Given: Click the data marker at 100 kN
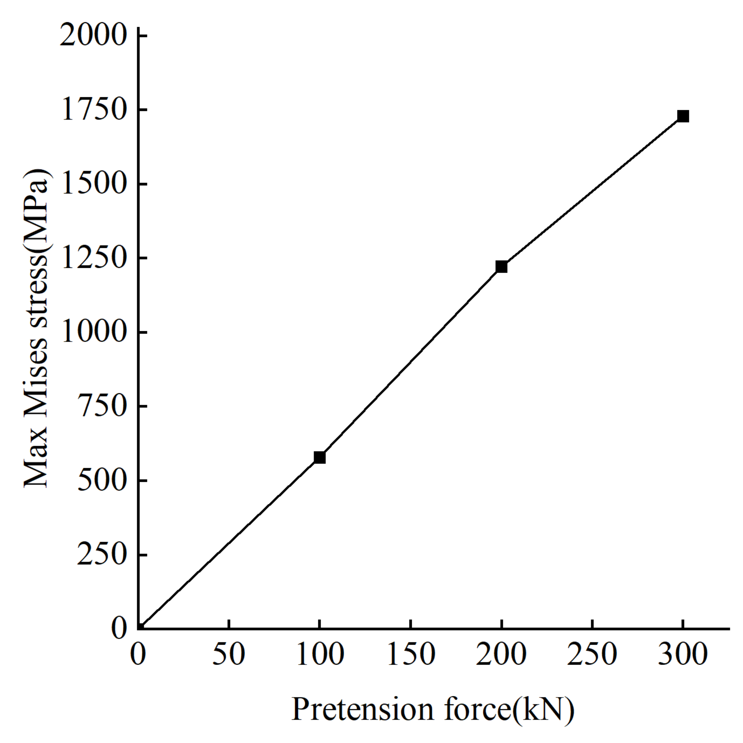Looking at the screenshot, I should (x=320, y=457).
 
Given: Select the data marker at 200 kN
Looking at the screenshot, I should (x=501, y=266).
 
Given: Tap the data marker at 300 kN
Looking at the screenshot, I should (x=683, y=116).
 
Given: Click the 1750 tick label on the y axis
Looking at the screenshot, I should (x=93, y=111).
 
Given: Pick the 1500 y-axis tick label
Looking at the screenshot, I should (x=93, y=185).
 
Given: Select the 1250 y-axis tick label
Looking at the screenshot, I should (x=93, y=259).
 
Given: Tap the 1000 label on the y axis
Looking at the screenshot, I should (x=93, y=333).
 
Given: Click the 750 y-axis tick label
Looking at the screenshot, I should (x=101, y=407).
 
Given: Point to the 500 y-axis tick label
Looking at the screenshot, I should (x=101, y=481).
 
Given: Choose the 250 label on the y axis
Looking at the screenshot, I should (x=101, y=555).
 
